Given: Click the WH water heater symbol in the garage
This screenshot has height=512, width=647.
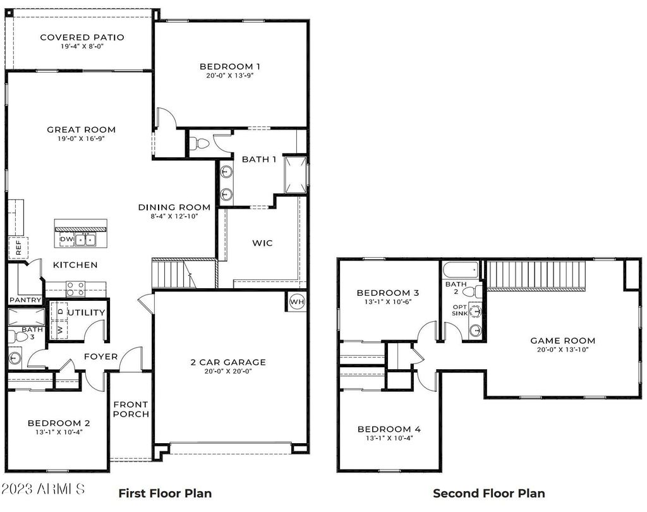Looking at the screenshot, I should pos(297,302).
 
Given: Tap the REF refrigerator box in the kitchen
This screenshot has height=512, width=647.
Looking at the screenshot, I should pos(18,248).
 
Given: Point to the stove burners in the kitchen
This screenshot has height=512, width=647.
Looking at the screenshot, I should pos(76,289).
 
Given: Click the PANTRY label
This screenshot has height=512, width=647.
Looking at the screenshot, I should pos(25,300).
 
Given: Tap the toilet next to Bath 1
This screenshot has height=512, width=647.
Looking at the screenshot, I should pos(202,143).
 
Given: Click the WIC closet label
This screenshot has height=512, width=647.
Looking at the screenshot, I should pos(262,243).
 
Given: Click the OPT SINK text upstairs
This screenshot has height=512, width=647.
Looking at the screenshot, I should pos(459,310).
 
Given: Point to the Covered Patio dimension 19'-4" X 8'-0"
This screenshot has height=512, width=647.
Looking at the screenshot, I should pos(82,47).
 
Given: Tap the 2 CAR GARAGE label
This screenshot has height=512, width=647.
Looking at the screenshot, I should pos(228,362).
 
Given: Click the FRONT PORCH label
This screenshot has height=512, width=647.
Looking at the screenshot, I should pos(131,409).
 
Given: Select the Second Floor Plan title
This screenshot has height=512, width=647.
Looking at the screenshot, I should pos(488,493).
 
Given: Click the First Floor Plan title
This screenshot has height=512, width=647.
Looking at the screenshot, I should pos(165,493).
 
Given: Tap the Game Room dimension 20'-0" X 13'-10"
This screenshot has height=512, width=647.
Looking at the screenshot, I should pos(562,350).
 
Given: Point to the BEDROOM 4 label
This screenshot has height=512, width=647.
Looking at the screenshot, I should pos(389,429).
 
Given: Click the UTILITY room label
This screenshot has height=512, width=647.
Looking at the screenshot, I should pos(87,312).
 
